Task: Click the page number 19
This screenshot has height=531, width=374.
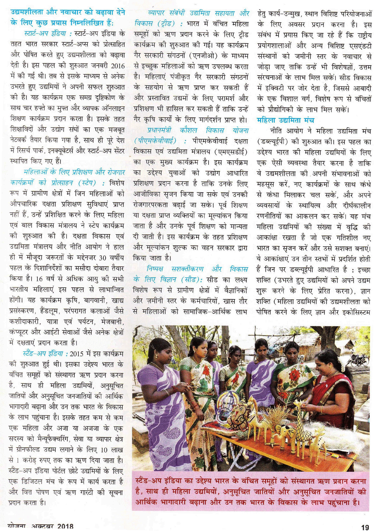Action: click(x=365, y=527)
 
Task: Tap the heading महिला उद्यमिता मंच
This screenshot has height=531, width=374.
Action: click(x=285, y=120)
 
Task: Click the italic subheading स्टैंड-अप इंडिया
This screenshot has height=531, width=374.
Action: click(x=44, y=353)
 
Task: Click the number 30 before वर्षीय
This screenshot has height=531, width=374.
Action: click(x=103, y=257)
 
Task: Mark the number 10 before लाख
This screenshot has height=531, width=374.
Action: click(x=105, y=449)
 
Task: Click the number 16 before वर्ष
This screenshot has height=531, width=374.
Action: click(x=39, y=279)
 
